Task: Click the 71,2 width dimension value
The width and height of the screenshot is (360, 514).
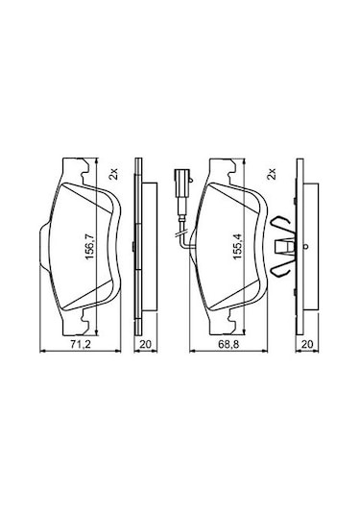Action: pyautogui.click(x=81, y=344)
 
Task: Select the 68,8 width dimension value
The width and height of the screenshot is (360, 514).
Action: pyautogui.click(x=229, y=344)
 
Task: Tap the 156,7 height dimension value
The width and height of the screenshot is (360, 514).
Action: pyautogui.click(x=89, y=245)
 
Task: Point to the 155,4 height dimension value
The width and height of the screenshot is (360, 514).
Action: pyautogui.click(x=237, y=245)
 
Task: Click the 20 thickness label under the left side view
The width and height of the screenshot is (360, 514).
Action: pyautogui.click(x=146, y=344)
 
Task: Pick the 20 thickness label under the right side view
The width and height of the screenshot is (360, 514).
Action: pyautogui.click(x=307, y=344)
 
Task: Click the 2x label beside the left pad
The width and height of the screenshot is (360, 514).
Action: pyautogui.click(x=113, y=174)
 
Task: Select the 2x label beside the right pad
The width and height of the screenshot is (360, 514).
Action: pyautogui.click(x=272, y=174)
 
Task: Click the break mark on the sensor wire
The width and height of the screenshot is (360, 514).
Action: pyautogui.click(x=180, y=233)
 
